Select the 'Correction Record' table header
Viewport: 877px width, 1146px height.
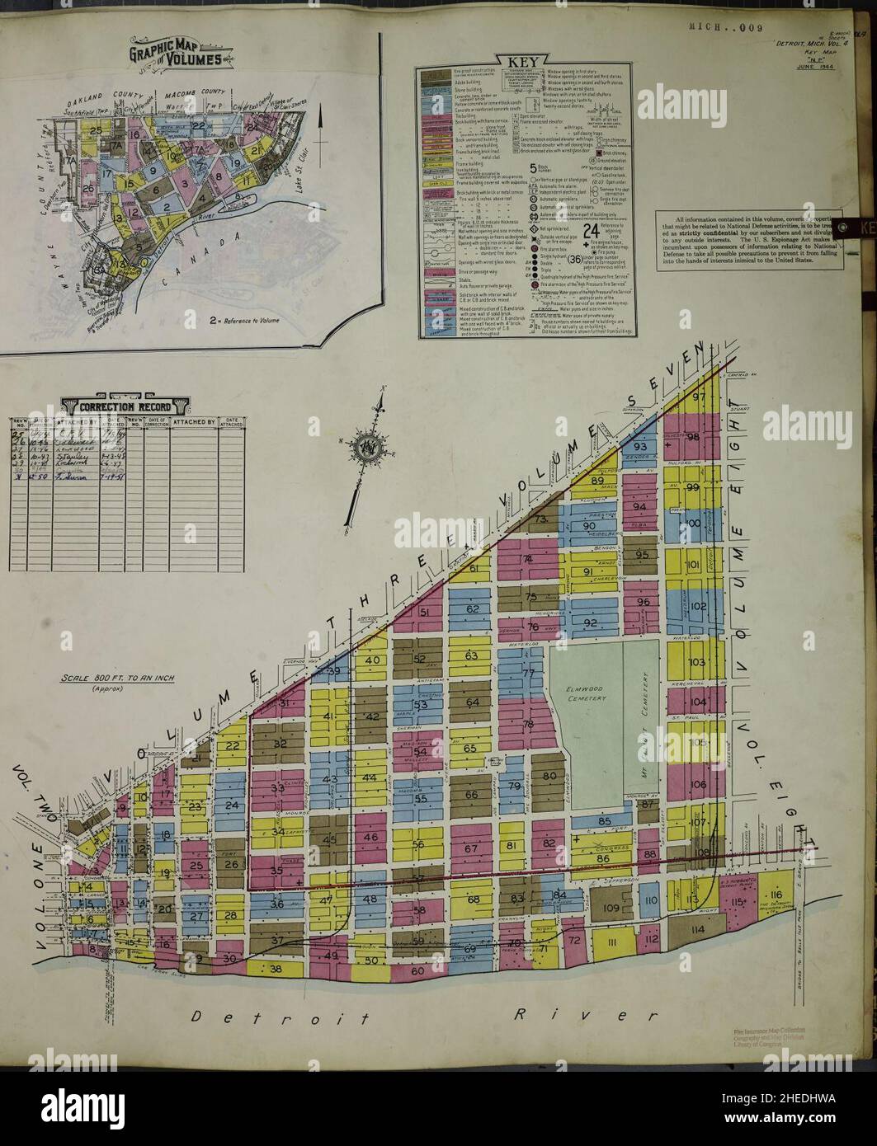click(x=127, y=407)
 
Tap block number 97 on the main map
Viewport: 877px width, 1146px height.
click(x=700, y=397)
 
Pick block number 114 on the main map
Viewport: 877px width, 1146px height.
click(x=700, y=930)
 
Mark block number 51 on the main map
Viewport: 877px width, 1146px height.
click(x=425, y=613)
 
